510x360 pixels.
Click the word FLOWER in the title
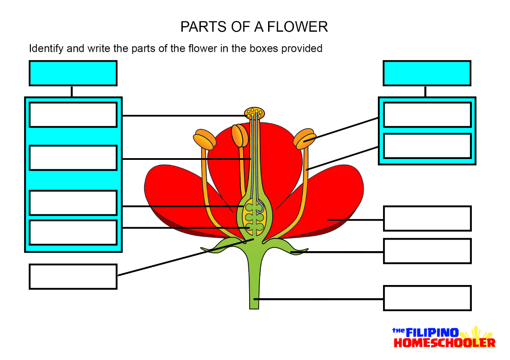[x=297, y=27]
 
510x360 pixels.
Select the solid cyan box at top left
[x=73, y=73]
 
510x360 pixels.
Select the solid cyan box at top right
[x=427, y=73]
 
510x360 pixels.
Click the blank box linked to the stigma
[x=73, y=115]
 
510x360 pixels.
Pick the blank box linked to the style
[x=73, y=158]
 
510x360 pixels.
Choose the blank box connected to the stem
[x=427, y=298]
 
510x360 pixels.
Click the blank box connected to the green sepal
[x=427, y=251]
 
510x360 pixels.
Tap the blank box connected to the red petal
[x=427, y=219]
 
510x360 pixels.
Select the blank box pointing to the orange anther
[x=427, y=115]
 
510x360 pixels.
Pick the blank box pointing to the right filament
[x=427, y=146]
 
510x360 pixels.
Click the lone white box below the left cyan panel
[x=73, y=276]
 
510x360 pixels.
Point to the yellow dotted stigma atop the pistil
[x=255, y=113]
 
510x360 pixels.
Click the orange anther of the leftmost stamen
[x=204, y=140]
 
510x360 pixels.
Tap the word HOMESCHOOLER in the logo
[x=444, y=343]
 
